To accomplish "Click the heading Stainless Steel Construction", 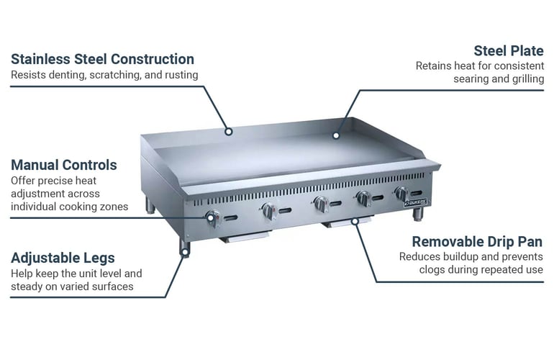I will point(102,59).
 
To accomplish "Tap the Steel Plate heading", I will point(508,50).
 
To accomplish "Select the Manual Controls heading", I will point(63,165).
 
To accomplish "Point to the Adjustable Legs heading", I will point(63,258).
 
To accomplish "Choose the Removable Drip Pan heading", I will point(477,241).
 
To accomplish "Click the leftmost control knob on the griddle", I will point(213,217).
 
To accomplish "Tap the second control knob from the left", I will point(268,210).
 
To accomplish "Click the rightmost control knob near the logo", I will point(400,193).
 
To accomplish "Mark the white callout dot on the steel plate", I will point(335,135).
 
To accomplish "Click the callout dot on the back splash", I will point(228,131).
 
